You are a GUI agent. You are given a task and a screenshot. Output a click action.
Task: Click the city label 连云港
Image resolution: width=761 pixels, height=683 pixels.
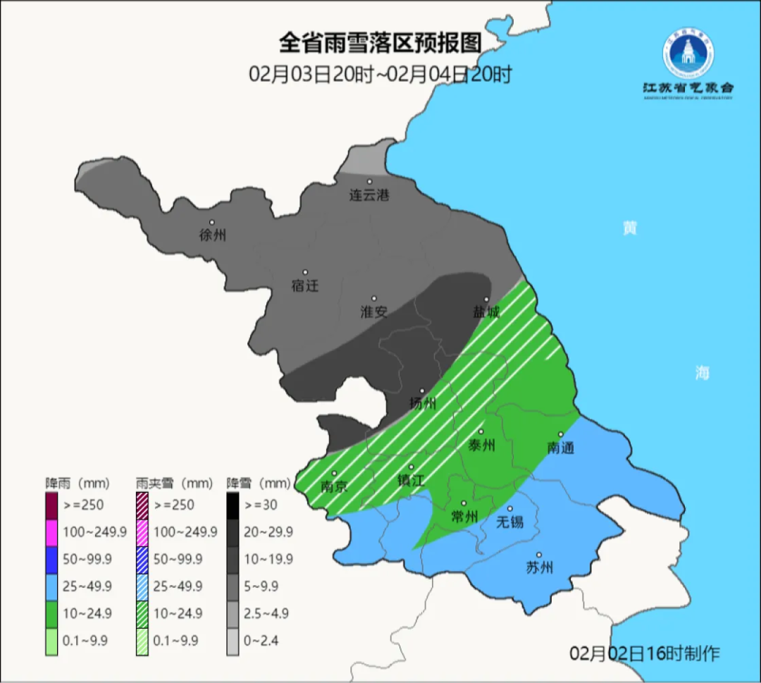(369, 195)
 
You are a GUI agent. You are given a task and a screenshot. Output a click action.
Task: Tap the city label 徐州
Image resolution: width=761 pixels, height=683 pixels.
(213, 235)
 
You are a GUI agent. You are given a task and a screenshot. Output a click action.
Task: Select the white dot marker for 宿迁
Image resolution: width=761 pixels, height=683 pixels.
(305, 272)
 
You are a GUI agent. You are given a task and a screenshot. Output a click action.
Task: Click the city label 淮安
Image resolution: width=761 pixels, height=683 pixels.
(374, 312)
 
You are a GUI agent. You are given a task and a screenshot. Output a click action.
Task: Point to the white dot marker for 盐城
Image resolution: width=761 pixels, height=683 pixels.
(486, 300)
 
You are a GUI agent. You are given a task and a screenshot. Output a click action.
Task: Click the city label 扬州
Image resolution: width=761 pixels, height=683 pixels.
(423, 404)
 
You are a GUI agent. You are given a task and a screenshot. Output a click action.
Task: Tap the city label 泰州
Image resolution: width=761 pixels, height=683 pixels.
(482, 445)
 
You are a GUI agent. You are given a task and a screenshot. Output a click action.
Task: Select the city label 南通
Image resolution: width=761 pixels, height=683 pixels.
(561, 448)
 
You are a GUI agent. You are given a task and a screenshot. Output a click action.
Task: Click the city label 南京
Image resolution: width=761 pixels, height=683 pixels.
(334, 486)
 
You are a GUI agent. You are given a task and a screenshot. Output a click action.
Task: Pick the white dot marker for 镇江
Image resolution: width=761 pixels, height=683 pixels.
(412, 467)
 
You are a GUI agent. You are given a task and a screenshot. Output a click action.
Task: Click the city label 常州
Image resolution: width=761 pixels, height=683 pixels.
(464, 517)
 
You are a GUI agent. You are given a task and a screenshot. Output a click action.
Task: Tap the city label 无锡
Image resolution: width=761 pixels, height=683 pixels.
(510, 522)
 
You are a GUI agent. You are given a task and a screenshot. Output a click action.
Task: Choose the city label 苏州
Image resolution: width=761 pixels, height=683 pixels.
(540, 567)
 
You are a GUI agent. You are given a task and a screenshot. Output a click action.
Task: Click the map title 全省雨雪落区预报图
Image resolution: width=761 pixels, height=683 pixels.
(380, 44)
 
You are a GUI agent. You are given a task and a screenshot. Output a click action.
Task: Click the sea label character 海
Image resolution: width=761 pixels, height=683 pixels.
(702, 373)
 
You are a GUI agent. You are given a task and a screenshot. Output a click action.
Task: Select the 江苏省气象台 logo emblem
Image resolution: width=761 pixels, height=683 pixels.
(688, 54)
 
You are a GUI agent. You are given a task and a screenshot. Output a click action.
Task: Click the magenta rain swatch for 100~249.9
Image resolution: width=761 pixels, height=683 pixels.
(51, 532)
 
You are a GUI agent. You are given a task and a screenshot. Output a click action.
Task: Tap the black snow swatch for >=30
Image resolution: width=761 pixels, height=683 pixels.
(233, 505)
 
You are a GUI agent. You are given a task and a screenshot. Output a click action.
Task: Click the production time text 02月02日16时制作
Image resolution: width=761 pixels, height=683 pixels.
(644, 653)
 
